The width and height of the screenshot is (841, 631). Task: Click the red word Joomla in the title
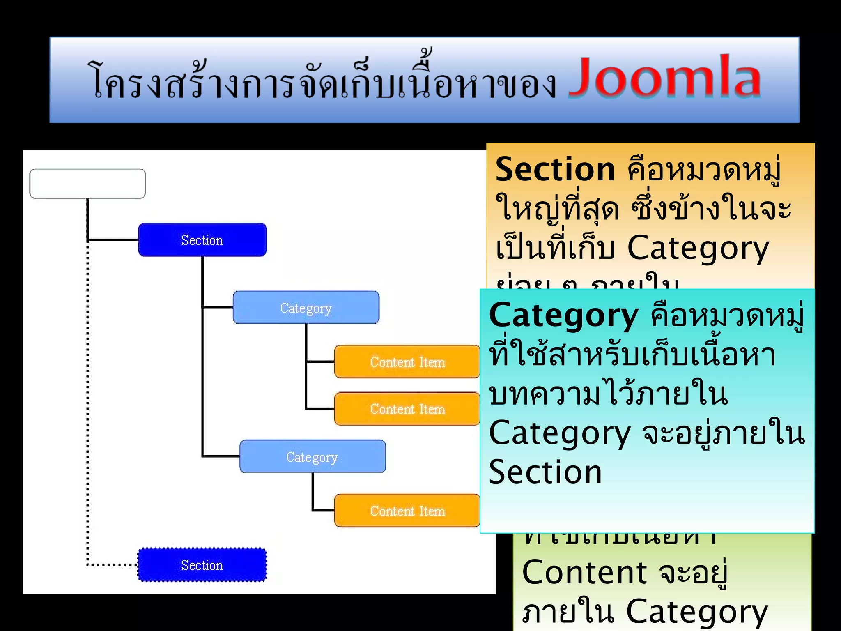[x=664, y=77]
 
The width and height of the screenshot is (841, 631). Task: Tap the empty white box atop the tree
[x=87, y=183]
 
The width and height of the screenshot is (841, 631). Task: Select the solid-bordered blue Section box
[x=202, y=240]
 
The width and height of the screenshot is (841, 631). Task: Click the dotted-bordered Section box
[x=202, y=565]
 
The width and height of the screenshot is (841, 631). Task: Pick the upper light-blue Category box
[x=306, y=308]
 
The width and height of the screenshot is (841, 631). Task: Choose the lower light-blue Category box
[x=312, y=456]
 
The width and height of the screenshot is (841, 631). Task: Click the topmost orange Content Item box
[x=407, y=362]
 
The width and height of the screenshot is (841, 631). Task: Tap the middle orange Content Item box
[x=407, y=409]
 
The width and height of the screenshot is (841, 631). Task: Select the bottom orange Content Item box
[x=407, y=511]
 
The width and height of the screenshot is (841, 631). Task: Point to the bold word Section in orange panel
[x=555, y=170]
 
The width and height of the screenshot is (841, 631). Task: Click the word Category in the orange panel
[x=698, y=249]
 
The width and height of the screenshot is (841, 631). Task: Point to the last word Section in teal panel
[x=545, y=472]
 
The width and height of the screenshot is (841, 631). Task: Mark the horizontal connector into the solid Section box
[x=113, y=240]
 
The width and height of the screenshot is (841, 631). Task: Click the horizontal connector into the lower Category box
[x=221, y=456]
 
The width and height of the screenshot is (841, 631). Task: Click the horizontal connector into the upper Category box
[x=218, y=307]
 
